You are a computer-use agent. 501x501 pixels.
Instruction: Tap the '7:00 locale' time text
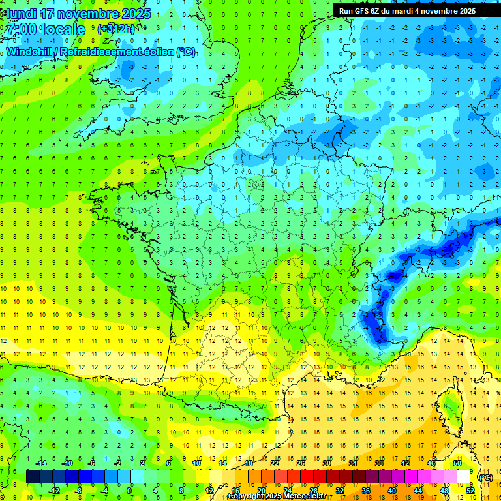(x=44, y=29)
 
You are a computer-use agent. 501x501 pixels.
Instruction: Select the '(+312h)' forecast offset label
(x=117, y=29)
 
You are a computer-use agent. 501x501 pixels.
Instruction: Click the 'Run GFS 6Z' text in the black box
(x=363, y=11)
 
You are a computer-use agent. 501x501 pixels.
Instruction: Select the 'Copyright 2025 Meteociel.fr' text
(x=277, y=496)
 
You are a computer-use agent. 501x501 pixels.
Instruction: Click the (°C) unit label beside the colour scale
(x=485, y=477)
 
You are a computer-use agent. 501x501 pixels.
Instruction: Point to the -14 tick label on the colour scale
(x=40, y=463)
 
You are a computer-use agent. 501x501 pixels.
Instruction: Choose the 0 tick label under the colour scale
(x=129, y=490)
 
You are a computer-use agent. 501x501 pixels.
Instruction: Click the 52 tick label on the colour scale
(x=470, y=490)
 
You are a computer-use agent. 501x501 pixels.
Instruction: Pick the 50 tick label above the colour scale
(x=457, y=463)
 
